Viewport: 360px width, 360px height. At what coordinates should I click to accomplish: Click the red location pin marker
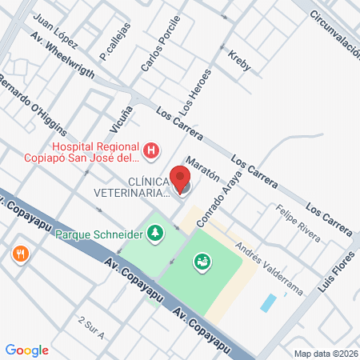181,178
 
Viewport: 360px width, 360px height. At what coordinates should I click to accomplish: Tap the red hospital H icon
150,150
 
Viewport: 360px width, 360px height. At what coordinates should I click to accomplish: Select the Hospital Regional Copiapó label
90,152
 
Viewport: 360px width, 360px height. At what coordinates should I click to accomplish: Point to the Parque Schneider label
99,234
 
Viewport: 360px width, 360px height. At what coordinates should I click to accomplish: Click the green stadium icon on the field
202,260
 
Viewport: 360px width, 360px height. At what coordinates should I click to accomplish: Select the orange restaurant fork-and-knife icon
20,254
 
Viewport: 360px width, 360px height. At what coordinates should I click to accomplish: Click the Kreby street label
239,63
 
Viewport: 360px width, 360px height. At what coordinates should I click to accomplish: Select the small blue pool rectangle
269,302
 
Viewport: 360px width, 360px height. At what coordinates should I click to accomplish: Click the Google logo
26,349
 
